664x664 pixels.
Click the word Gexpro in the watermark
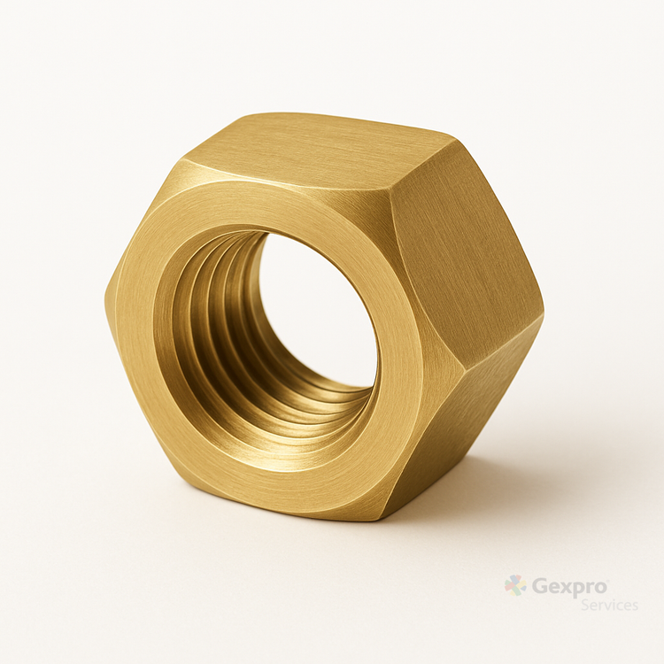[x=569, y=587]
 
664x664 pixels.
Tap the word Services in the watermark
[x=609, y=605]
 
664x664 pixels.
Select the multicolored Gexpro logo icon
[x=515, y=586]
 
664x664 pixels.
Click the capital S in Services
[x=586, y=605]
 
